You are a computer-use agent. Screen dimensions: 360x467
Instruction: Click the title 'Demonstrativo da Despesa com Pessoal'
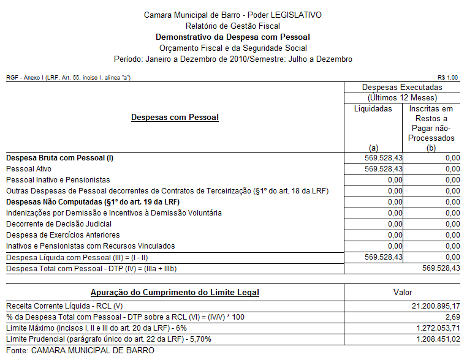point(232,37)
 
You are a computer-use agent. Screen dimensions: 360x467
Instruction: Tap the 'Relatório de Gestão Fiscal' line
point(232,26)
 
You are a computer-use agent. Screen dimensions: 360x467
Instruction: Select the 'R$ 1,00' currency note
point(448,77)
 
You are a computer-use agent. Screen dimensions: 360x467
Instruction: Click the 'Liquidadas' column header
point(373,108)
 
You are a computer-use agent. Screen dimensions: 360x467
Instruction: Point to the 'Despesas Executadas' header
point(402,88)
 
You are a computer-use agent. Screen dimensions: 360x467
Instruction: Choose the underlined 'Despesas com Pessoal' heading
point(175,117)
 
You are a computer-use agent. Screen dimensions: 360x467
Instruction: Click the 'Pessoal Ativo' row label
point(29,168)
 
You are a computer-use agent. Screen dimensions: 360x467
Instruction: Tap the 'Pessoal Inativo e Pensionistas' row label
point(58,179)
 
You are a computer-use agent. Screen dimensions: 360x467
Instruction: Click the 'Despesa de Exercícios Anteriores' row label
point(63,234)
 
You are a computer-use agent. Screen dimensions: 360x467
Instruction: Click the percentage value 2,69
point(452,317)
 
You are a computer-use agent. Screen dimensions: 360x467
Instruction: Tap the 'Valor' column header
point(402,293)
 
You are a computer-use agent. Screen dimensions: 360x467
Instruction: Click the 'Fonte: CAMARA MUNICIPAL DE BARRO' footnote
point(80,350)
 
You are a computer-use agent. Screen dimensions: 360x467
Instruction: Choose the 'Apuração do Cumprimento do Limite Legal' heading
point(175,293)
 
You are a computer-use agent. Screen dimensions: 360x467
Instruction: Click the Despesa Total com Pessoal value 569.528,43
point(441,268)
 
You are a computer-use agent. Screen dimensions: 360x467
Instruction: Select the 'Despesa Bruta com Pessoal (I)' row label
point(59,157)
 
